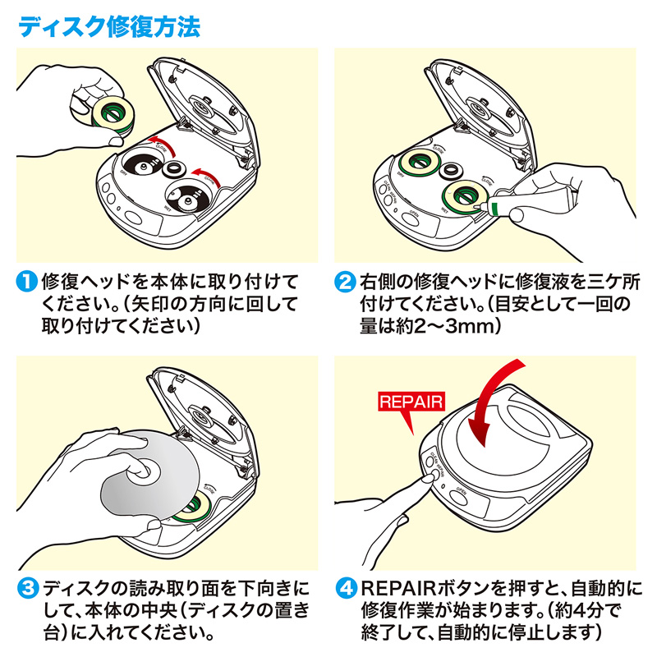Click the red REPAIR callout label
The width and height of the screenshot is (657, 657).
tap(411, 402)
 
